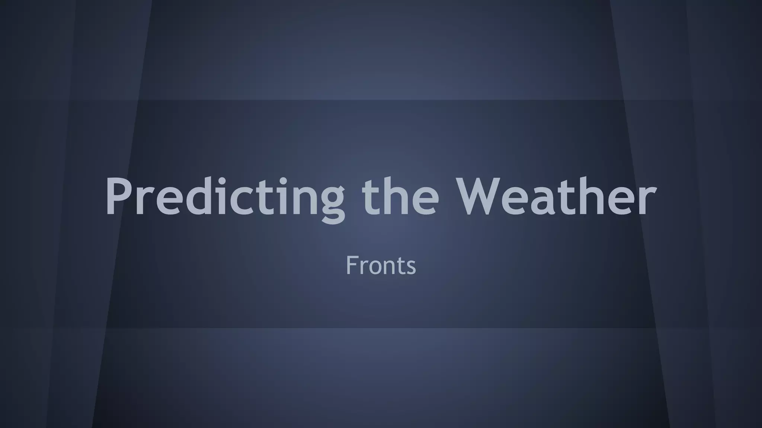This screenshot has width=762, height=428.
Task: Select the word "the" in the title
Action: pyautogui.click(x=400, y=197)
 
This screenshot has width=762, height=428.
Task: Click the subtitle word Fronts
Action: pyautogui.click(x=381, y=265)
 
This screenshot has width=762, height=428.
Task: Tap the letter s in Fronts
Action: pyautogui.click(x=410, y=267)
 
